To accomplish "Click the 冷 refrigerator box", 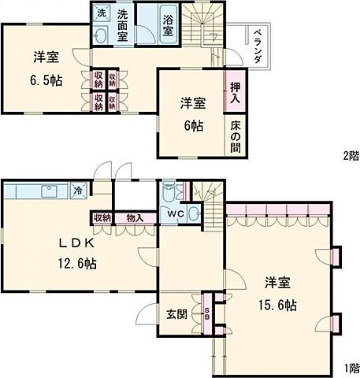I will [80, 189].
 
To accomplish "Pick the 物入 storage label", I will [134, 218].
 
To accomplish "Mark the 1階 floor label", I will [351, 368].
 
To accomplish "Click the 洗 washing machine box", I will [102, 13].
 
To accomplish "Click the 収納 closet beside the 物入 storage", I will [102, 218].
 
